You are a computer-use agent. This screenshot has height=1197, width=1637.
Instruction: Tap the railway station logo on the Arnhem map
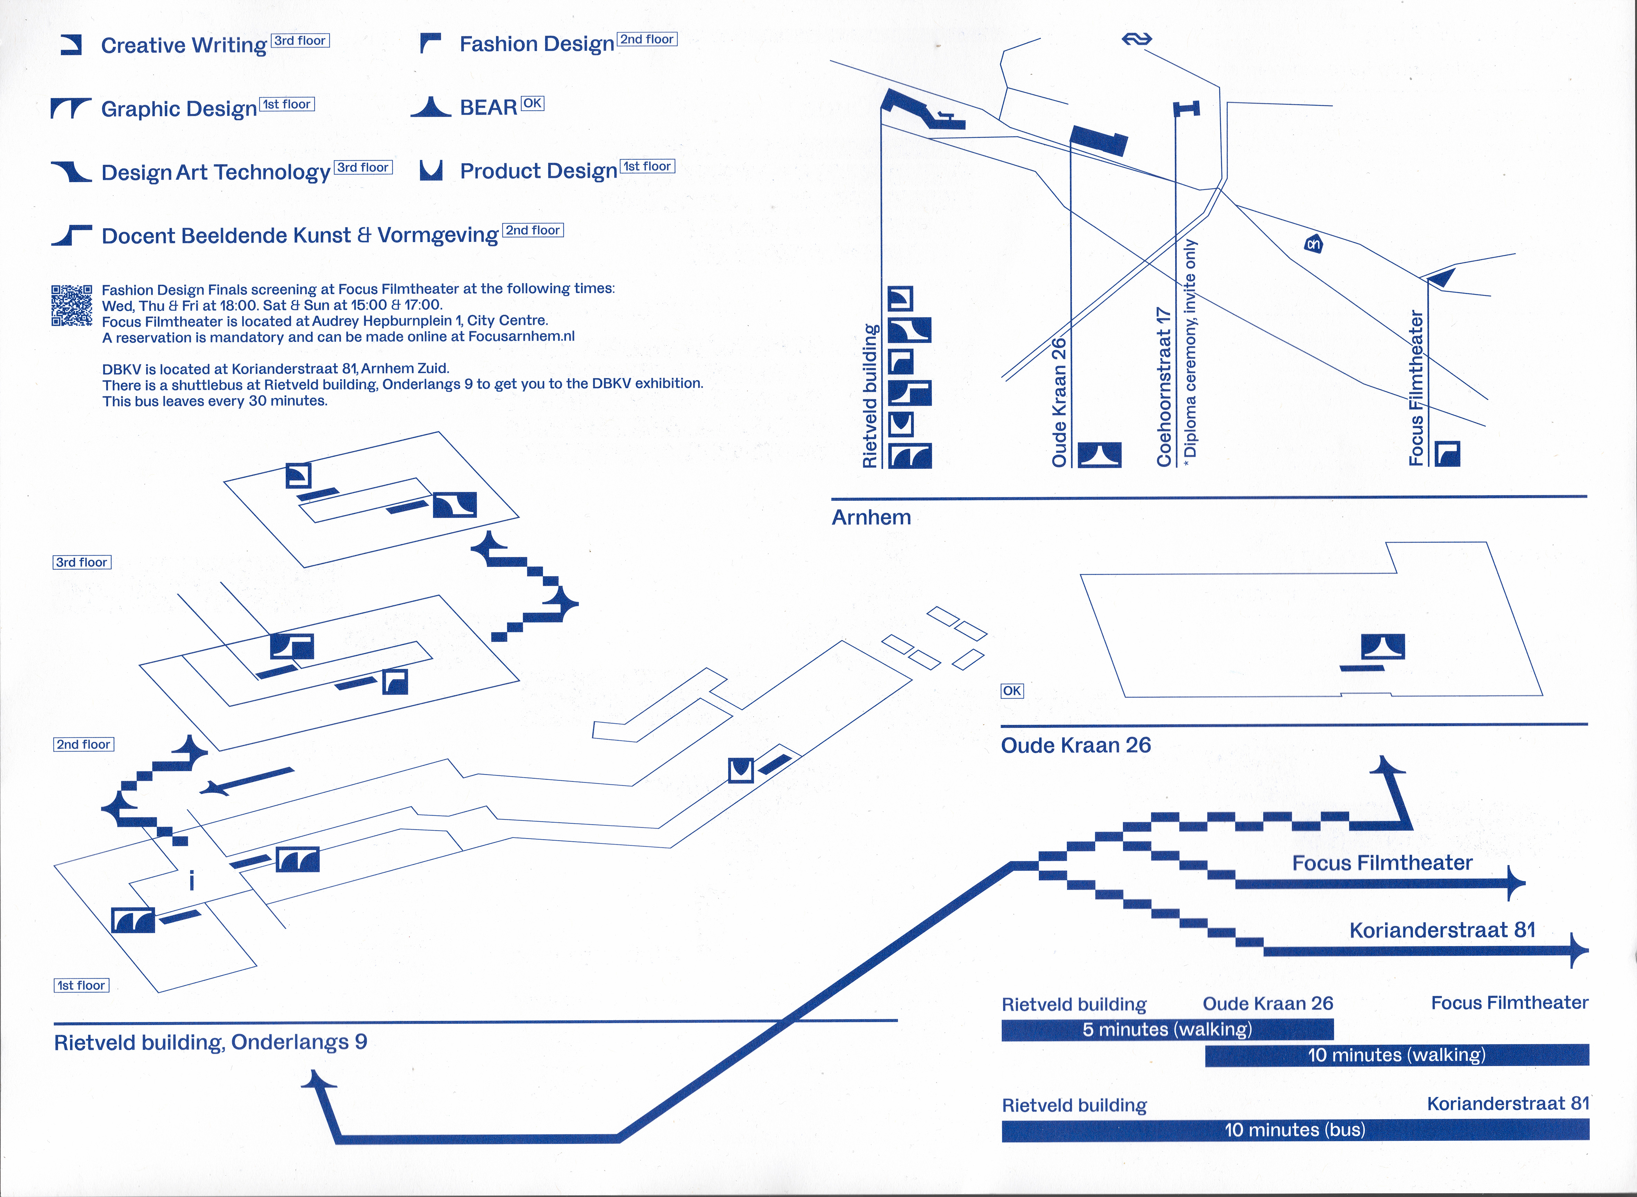[x=1136, y=39]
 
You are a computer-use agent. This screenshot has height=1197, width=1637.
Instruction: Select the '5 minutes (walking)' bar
[x=1167, y=1029]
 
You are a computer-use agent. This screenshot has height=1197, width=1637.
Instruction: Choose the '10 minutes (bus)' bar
[x=1295, y=1129]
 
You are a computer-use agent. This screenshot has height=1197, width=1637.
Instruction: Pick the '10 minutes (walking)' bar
[x=1396, y=1055]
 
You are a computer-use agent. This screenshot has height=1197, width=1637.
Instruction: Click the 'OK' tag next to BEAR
[x=532, y=103]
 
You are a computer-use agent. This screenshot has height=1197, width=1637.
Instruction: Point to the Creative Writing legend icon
[x=71, y=45]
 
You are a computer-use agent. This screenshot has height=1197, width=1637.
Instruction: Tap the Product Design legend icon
[x=431, y=170]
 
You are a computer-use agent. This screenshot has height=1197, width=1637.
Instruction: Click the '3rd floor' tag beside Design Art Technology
[x=363, y=168]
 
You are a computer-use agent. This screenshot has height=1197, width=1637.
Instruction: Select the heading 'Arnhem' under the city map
[x=871, y=517]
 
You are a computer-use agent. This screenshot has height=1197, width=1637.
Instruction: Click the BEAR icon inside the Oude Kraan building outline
[x=1383, y=646]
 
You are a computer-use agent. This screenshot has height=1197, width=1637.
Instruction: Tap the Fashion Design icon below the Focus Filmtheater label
[x=1447, y=453]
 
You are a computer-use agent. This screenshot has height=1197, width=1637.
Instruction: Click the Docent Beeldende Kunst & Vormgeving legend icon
[x=71, y=235]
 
